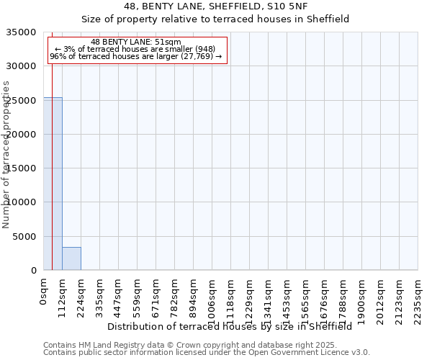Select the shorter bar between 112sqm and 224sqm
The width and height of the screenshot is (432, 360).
[71, 258]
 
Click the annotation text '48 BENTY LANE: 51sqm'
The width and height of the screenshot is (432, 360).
[136, 42]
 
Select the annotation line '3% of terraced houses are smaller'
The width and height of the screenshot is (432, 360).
[136, 49]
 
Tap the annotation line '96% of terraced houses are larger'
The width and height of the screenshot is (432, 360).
[136, 56]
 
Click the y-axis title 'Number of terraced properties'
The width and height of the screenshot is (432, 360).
[6, 154]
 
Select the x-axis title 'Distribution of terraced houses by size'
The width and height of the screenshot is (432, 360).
[230, 326]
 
